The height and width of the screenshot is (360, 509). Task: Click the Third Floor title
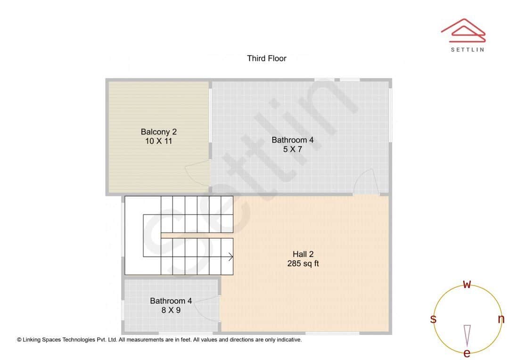tap(267, 58)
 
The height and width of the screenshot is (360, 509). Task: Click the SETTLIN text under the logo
tap(467, 49)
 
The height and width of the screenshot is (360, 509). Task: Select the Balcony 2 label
tap(158, 132)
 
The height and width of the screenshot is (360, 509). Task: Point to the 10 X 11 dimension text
tap(158, 141)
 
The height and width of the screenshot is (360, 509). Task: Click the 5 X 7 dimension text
tap(292, 149)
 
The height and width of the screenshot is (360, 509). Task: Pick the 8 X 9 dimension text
tap(171, 310)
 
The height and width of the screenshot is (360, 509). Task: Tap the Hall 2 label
tap(303, 254)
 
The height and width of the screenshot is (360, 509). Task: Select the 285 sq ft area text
tap(303, 264)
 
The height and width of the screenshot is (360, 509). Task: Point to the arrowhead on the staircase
tap(230, 257)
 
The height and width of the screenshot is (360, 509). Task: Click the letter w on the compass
tap(467, 284)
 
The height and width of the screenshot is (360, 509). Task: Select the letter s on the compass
tap(433, 319)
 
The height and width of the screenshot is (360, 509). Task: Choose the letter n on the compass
tap(501, 319)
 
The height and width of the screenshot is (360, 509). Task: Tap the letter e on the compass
tap(467, 353)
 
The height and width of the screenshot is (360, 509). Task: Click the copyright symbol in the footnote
tap(19, 340)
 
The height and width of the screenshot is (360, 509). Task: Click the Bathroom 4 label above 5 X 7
tap(292, 140)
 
